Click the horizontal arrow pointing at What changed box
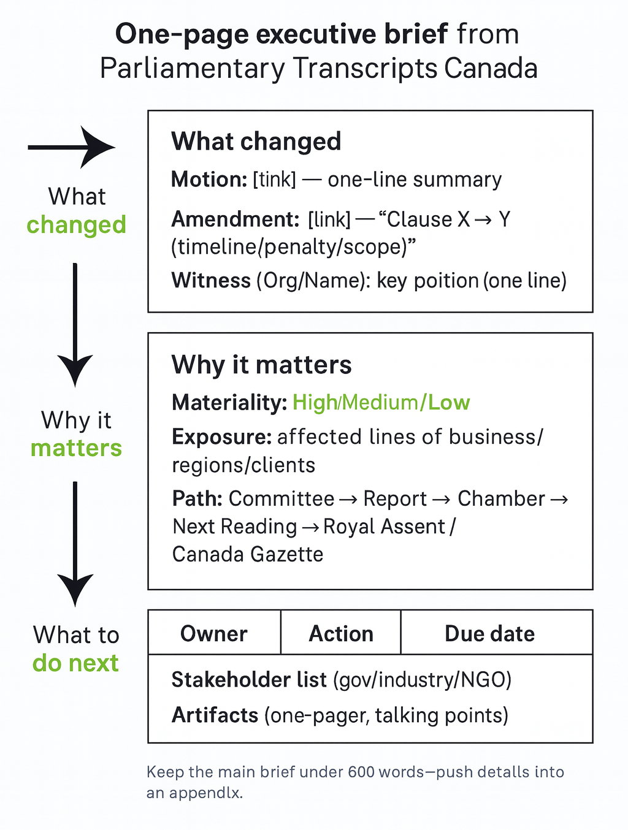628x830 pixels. pos(72,147)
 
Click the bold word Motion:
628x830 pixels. pos(209,179)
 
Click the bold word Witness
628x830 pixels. pos(211,281)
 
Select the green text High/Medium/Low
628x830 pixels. pos(381,402)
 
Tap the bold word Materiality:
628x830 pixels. pos(229,402)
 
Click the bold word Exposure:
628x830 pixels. pos(222,436)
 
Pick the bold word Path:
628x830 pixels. pos(197,498)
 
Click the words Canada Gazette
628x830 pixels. pos(248,554)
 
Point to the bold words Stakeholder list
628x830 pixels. pos(249,679)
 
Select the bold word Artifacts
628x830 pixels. pos(215,715)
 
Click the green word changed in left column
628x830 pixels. pos(76,224)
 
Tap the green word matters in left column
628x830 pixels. pos(76,447)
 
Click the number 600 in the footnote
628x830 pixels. pos(361,772)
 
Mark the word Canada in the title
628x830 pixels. pos(491,69)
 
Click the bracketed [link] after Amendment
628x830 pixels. pos(329,219)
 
